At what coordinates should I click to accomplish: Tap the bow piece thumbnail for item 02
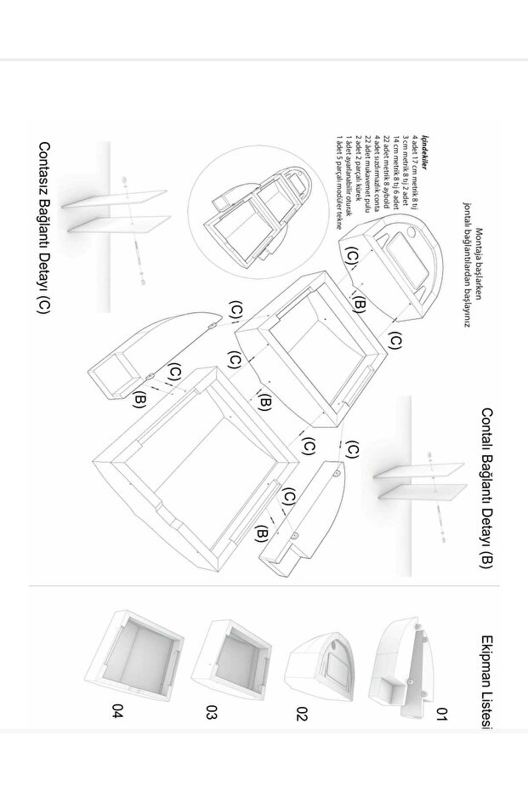322,659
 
